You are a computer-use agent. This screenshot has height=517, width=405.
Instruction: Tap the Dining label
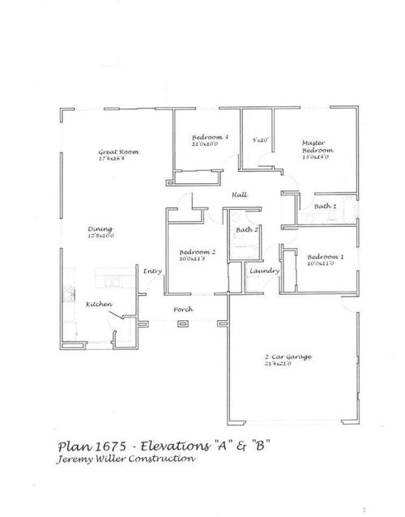pyautogui.click(x=100, y=229)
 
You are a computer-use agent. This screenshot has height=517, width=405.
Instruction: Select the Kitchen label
pyautogui.click(x=98, y=305)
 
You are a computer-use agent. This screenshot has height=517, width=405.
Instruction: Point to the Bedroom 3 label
pyautogui.click(x=210, y=138)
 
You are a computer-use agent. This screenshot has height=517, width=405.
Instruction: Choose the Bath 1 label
pyautogui.click(x=326, y=207)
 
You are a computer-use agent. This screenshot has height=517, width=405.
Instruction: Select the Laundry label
pyautogui.click(x=265, y=271)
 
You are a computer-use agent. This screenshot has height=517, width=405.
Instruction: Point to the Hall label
pyautogui.click(x=240, y=195)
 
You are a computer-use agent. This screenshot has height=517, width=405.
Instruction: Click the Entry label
pyautogui.click(x=153, y=271)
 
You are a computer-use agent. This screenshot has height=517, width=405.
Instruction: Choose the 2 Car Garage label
pyautogui.click(x=288, y=357)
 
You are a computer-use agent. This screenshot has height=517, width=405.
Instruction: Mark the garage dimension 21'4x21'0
pyautogui.click(x=288, y=365)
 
